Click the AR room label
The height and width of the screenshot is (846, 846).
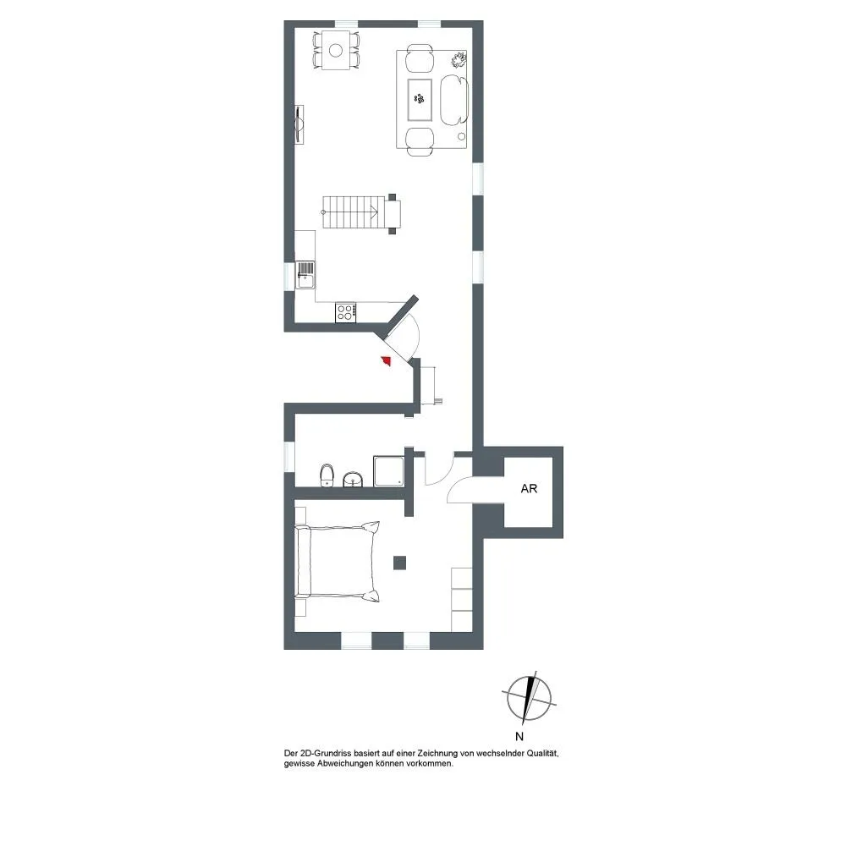click(x=529, y=488)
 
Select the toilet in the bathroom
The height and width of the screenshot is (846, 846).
click(x=327, y=475)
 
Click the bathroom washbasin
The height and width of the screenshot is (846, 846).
click(x=353, y=479)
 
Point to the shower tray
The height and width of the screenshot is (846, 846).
click(x=388, y=471)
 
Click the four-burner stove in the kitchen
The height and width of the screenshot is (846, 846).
click(x=345, y=312)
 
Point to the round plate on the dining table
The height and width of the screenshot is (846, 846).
click(x=336, y=50)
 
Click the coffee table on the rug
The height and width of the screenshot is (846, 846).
click(x=420, y=100)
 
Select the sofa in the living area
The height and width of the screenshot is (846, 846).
click(x=454, y=100)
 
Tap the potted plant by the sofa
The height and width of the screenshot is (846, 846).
click(x=459, y=59)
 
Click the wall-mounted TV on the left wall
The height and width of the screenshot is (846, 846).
click(x=299, y=124)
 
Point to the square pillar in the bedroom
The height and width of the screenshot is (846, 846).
click(x=399, y=563)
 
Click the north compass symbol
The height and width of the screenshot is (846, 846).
click(x=530, y=698)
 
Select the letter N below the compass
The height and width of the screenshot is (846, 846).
click(x=519, y=737)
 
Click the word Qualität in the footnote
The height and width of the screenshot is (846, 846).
click(x=541, y=753)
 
